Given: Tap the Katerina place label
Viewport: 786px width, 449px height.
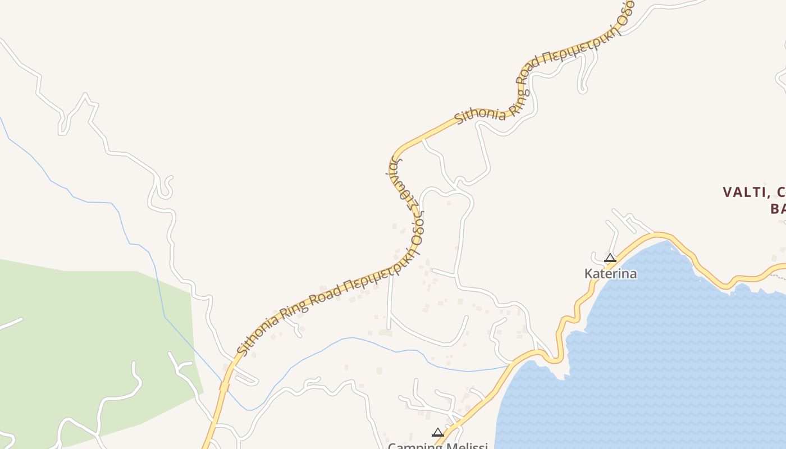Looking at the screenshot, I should coord(610,274).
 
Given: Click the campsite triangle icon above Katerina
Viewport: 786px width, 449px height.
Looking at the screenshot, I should coord(610,258).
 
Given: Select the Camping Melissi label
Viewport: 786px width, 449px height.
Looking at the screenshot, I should coord(437,446).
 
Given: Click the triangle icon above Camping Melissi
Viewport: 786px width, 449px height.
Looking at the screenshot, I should coord(438,432).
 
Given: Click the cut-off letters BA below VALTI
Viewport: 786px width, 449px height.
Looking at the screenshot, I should coord(778,209).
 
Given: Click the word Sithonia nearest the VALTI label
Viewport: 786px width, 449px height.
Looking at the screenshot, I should coord(479,112).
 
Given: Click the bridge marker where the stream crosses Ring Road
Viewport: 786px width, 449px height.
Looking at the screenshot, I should coord(224,387).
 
